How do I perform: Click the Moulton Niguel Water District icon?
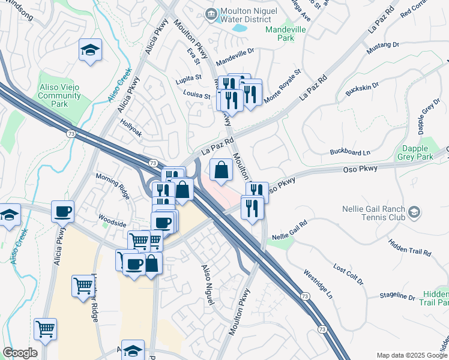(211, 14)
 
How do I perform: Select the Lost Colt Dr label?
(348, 274)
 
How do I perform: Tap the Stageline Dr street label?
(397, 296)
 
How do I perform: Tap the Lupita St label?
(188, 79)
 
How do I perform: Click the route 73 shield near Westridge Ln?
(305, 296)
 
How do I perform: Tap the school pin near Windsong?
(89, 50)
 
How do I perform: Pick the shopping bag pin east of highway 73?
(221, 170)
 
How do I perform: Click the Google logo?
(20, 353)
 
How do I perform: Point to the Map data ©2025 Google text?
(411, 355)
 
